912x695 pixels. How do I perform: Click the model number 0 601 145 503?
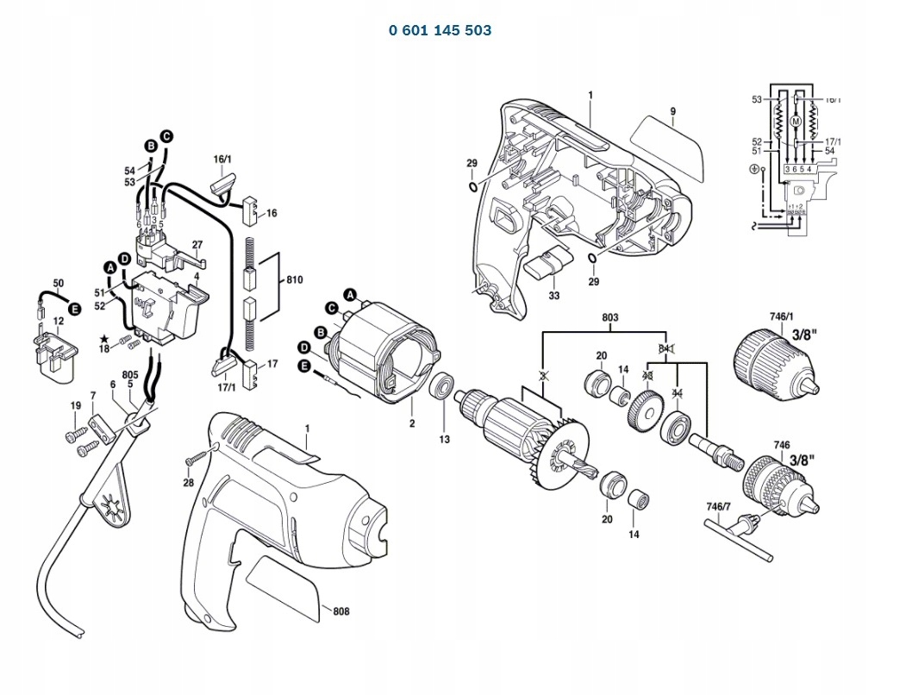pyautogui.click(x=440, y=30)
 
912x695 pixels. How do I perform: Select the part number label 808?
pyautogui.click(x=341, y=611)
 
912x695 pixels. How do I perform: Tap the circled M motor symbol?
pyautogui.click(x=796, y=122)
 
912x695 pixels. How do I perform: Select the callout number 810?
pyautogui.click(x=294, y=281)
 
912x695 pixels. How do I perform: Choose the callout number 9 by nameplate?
pyautogui.click(x=672, y=110)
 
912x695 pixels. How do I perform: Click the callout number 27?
pyautogui.click(x=197, y=244)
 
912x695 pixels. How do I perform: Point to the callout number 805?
pyautogui.click(x=130, y=374)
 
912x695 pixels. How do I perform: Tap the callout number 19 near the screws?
pyautogui.click(x=75, y=405)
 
